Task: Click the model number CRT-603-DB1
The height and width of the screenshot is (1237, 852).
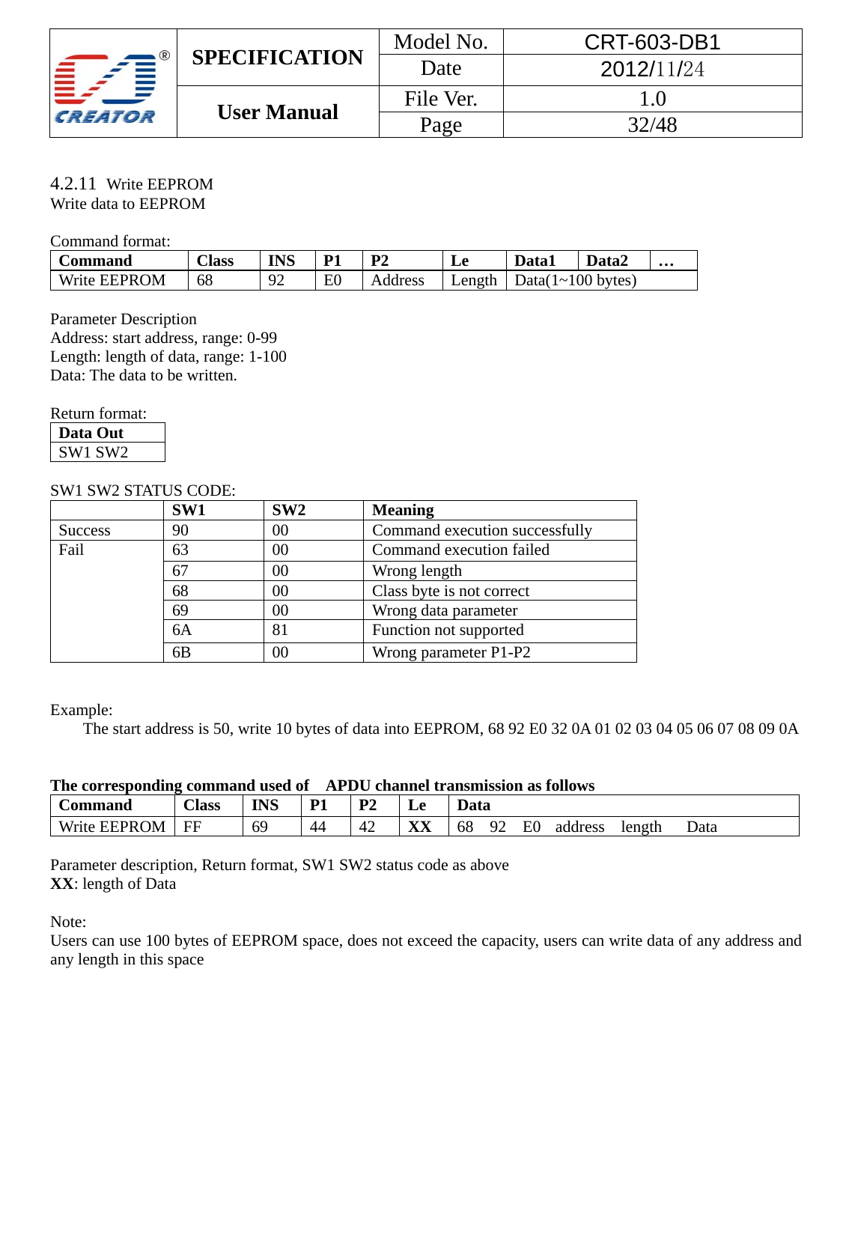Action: [652, 42]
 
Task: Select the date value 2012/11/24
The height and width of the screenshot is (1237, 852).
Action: [652, 70]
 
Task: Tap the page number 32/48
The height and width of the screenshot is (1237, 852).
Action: [652, 125]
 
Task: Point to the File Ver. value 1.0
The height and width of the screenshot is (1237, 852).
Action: [652, 99]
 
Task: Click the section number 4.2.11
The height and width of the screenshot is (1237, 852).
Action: [73, 183]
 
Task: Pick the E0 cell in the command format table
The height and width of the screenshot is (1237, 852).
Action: [332, 280]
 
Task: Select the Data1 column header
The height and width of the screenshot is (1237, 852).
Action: [535, 261]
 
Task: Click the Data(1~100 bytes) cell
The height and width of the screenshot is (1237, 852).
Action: [575, 280]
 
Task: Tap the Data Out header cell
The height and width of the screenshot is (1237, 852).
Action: [91, 433]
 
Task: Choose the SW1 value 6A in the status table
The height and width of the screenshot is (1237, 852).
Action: [182, 630]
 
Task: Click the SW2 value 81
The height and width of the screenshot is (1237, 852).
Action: [280, 630]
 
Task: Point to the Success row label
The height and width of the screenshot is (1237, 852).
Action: [85, 530]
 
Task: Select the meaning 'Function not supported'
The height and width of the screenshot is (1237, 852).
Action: [448, 630]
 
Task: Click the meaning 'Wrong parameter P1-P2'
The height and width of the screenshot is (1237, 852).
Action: [451, 652]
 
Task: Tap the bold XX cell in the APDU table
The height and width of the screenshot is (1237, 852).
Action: [419, 827]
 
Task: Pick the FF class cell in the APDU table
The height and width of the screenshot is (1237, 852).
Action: [192, 827]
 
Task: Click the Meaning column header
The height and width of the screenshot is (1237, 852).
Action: [403, 510]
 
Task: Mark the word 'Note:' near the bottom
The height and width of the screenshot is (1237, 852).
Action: [68, 922]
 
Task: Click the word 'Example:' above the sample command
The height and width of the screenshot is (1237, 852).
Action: [81, 710]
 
